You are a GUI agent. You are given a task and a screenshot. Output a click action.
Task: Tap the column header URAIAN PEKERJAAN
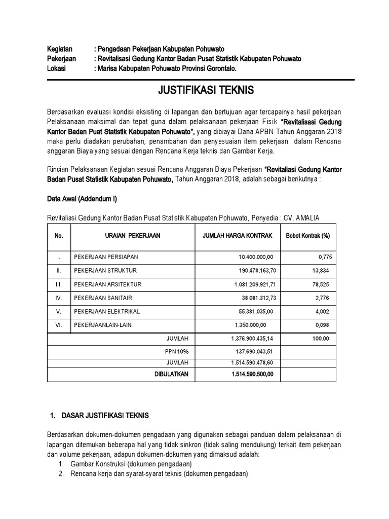coord(133,236)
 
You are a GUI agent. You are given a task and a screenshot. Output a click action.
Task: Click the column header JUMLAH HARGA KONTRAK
coord(237,236)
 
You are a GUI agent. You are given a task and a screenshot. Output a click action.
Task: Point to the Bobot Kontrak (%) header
coord(308,236)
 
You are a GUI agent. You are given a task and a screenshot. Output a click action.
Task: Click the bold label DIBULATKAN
coord(171,374)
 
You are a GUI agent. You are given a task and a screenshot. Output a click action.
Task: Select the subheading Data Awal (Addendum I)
coord(82,199)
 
